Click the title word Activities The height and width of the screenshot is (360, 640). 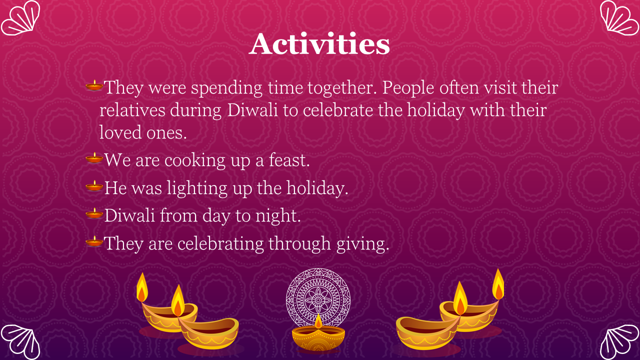(x=319, y=44)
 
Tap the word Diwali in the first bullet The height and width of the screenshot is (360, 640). (x=252, y=110)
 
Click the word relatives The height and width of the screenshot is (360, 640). (x=132, y=110)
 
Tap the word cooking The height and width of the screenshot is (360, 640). (x=195, y=161)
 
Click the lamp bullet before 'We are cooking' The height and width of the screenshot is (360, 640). (x=94, y=157)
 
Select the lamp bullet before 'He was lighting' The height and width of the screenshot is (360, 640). (x=94, y=185)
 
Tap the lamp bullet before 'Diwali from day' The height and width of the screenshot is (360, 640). (x=94, y=213)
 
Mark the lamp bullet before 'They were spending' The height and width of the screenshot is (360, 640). (x=94, y=85)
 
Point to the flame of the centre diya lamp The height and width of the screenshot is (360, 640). (x=318, y=321)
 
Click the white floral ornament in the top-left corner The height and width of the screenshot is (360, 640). (x=20, y=18)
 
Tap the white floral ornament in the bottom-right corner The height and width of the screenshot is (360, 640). (x=619, y=342)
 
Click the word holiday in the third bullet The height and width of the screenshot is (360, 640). (x=317, y=188)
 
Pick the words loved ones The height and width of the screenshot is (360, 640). (x=143, y=132)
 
